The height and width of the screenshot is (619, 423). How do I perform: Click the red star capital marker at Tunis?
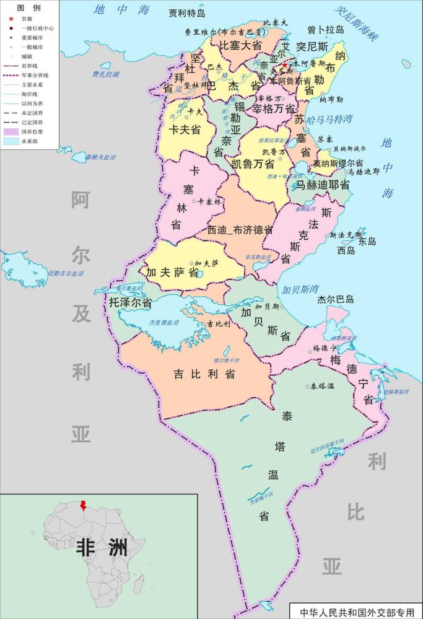pyautogui.click(x=284, y=65)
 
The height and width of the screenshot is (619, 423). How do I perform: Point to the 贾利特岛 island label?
pyautogui.click(x=191, y=12)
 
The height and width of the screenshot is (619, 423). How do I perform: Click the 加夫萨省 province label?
pyautogui.click(x=172, y=271)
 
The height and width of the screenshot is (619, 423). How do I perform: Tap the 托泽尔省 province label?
pyautogui.click(x=131, y=303)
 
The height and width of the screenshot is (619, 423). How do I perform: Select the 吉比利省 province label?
pyautogui.click(x=204, y=374)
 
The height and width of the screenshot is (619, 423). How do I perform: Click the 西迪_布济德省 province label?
pyautogui.click(x=241, y=229)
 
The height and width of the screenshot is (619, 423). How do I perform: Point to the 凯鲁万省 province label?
pyautogui.click(x=252, y=164)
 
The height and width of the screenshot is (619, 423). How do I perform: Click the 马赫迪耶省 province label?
pyautogui.click(x=321, y=185)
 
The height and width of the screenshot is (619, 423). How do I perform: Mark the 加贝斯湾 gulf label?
pyautogui.click(x=300, y=289)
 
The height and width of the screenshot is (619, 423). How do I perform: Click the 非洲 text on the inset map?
pyautogui.click(x=102, y=548)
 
